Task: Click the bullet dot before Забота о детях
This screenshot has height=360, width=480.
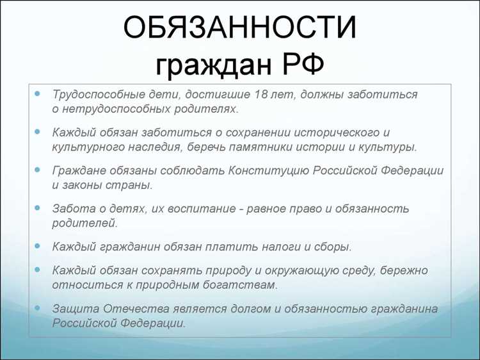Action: [x=38, y=208]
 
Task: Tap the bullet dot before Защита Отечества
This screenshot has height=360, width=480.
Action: [x=38, y=308]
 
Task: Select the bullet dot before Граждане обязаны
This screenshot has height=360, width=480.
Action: [x=38, y=170]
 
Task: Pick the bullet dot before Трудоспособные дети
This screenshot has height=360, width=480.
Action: [x=38, y=94]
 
